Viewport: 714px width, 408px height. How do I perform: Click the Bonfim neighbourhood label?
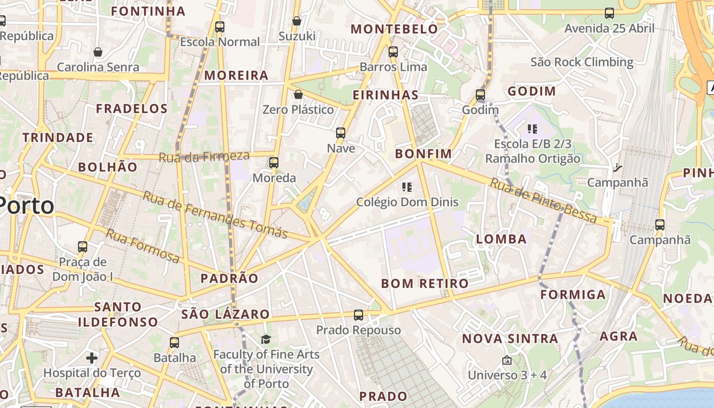click(x=423, y=154)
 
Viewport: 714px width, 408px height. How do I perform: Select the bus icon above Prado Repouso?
click(x=359, y=315)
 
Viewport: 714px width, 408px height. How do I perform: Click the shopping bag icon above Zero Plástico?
click(x=298, y=94)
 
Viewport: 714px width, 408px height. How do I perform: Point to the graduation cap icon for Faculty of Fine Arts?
click(x=266, y=340)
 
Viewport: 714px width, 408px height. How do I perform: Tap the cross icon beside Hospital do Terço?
click(x=92, y=358)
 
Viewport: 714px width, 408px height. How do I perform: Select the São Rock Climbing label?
click(x=581, y=62)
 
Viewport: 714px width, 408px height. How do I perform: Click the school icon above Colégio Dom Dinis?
click(x=406, y=187)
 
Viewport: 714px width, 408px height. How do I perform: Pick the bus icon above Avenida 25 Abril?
click(x=609, y=13)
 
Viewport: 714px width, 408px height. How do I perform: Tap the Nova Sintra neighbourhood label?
click(x=510, y=339)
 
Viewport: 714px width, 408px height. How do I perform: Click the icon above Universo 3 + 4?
click(x=506, y=360)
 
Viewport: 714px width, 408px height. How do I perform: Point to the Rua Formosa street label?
click(x=143, y=246)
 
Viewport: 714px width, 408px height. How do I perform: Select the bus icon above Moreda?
click(x=274, y=163)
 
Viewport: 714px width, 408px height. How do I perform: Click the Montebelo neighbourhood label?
click(x=394, y=29)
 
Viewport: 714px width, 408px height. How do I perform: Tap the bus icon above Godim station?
click(x=480, y=95)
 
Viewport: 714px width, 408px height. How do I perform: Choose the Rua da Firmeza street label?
click(x=204, y=157)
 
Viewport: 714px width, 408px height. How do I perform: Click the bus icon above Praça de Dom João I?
click(x=83, y=247)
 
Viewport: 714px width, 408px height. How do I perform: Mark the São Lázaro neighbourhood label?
click(x=225, y=314)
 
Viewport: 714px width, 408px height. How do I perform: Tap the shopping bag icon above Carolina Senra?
click(x=98, y=52)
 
